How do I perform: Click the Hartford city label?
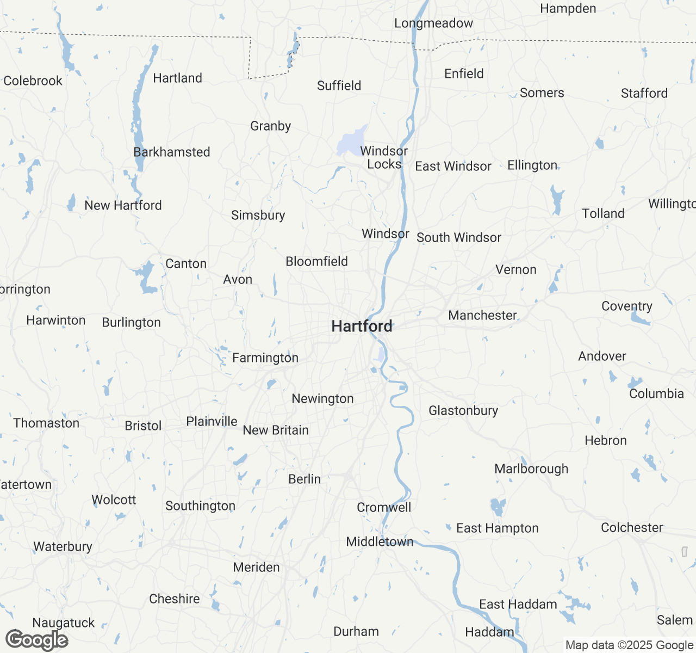pos(362,326)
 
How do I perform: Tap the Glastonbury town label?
pos(463,411)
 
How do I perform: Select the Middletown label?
pos(380,542)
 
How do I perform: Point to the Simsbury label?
pos(258,215)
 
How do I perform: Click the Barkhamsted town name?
pos(172,152)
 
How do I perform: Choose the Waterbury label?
pos(63,547)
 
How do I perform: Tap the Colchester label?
pos(632,528)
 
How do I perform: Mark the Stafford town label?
pos(644,94)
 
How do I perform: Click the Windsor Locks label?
pos(384,158)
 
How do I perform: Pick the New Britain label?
pos(276,430)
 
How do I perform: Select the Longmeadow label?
pos(433,23)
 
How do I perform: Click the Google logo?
pos(36,640)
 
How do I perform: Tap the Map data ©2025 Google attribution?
pos(629,645)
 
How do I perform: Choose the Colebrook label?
pos(33,81)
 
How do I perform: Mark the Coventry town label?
pos(626,306)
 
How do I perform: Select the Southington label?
pos(200,506)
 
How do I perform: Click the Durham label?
pos(356,632)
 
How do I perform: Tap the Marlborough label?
pos(531,469)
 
